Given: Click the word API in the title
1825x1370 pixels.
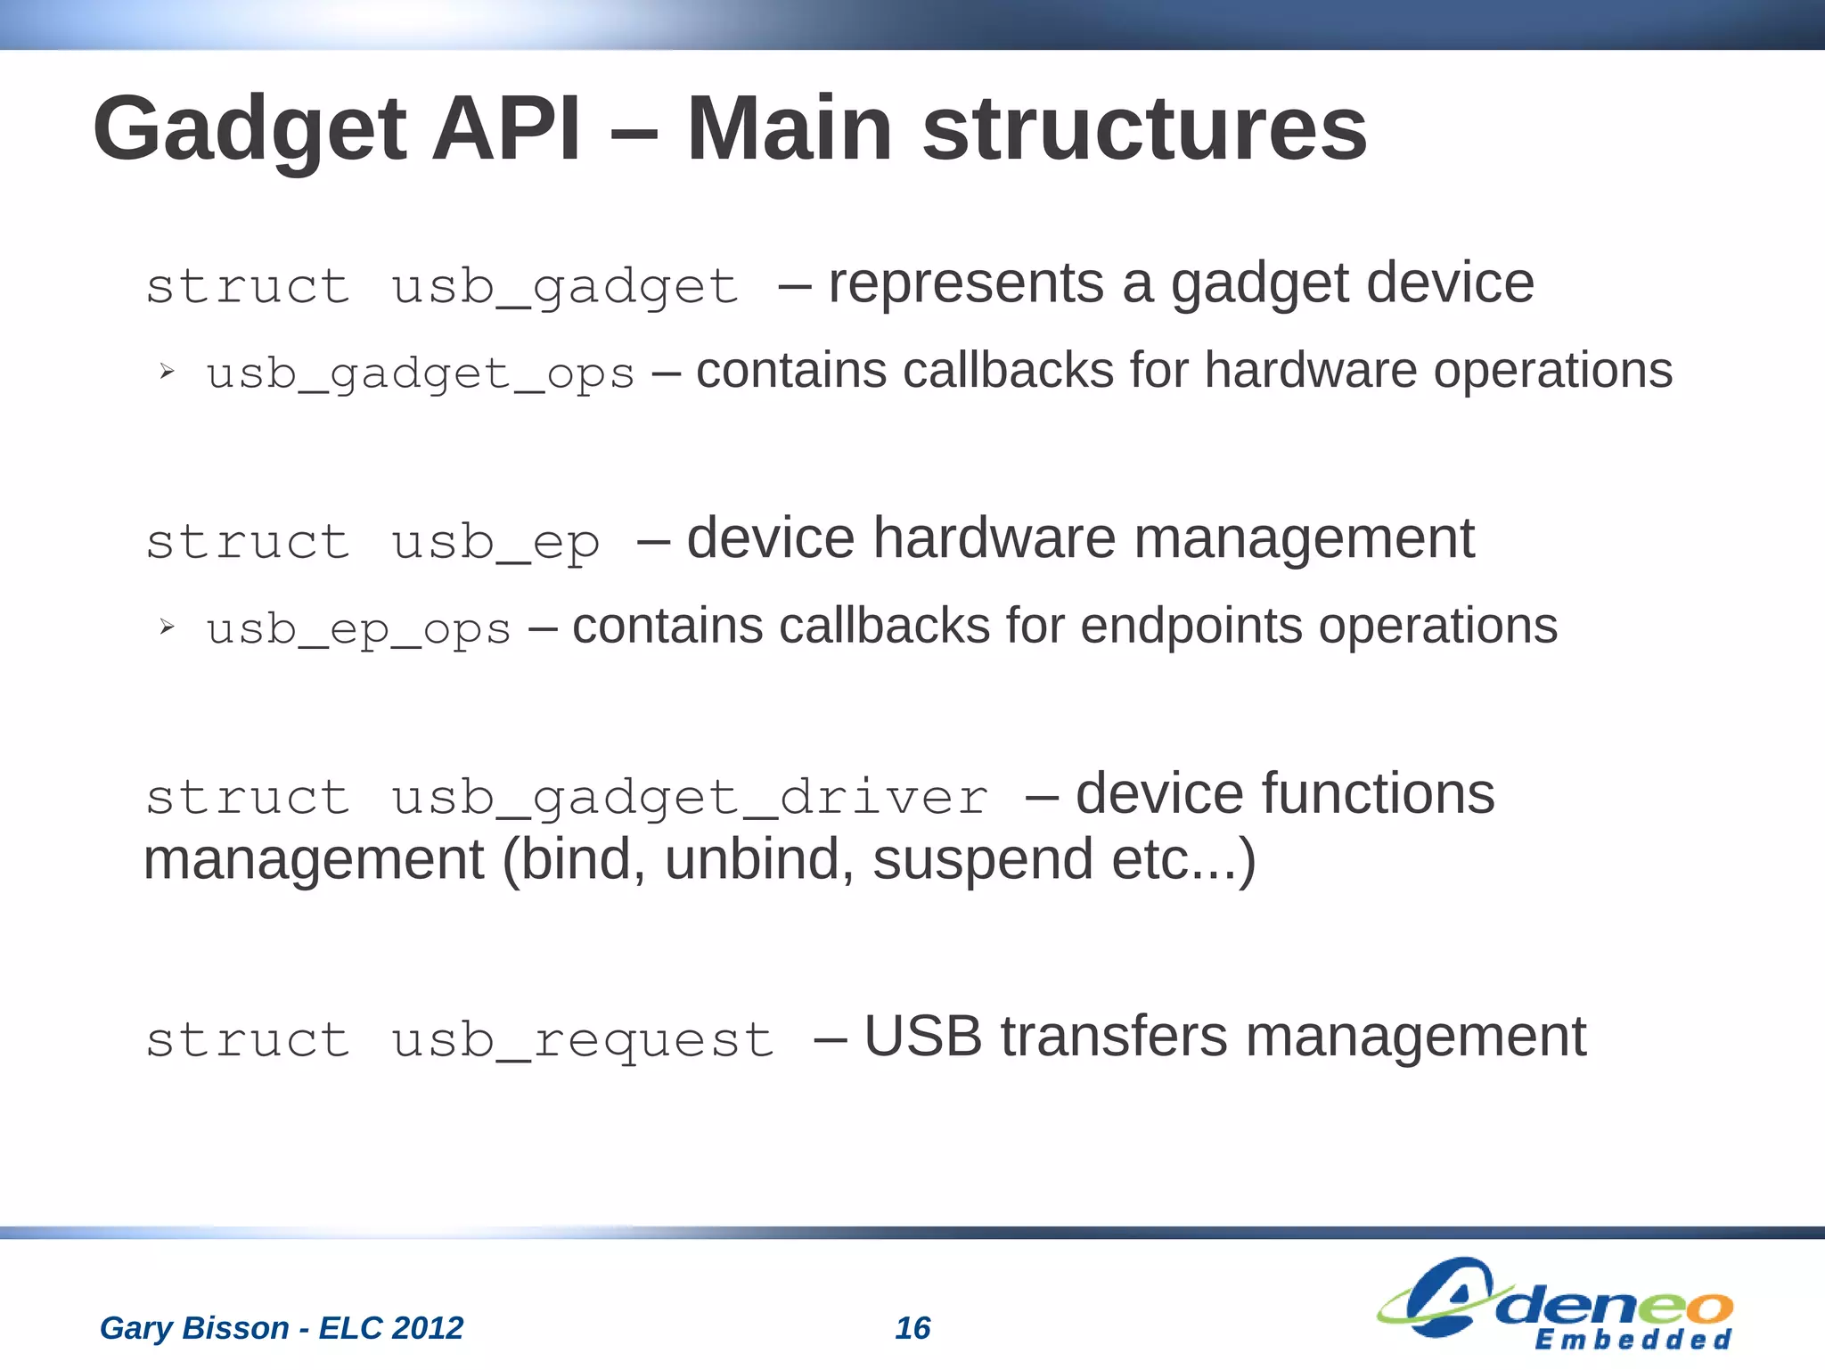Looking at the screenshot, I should coord(505,129).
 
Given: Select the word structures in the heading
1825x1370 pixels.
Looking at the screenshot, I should coord(1144,129).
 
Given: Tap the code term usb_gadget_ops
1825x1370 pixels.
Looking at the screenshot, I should coord(420,373).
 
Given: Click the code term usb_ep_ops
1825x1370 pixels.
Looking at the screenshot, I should coord(358,629).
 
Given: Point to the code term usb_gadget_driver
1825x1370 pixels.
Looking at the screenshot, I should coord(689,797).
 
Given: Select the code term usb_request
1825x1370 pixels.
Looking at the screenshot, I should coord(583,1040).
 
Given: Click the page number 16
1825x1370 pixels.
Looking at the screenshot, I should coord(912,1328).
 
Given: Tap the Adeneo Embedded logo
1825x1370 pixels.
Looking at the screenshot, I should coord(1555,1304).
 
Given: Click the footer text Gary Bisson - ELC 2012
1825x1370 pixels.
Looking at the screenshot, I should coord(282,1328).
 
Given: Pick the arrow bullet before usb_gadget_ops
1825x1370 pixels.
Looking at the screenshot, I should coord(167,372).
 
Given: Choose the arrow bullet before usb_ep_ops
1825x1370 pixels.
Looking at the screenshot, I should coord(167,628).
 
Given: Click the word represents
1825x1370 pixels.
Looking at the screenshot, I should coord(967,283).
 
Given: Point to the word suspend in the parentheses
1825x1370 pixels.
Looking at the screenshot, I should coord(982,859).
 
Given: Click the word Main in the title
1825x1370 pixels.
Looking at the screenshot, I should coord(789,129).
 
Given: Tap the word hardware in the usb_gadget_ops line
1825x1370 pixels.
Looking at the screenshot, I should coord(1310,371).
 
